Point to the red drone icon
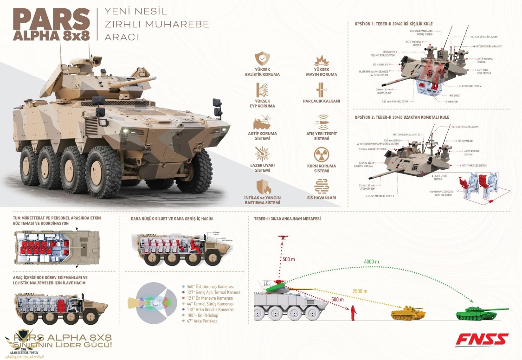282,238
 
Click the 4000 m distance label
371,262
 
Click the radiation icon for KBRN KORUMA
322,154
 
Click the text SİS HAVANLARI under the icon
322,198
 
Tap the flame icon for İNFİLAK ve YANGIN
262,186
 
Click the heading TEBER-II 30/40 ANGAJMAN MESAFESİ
287,219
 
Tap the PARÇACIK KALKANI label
322,101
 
